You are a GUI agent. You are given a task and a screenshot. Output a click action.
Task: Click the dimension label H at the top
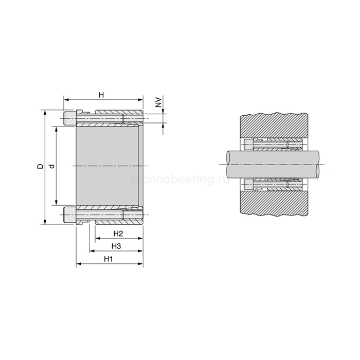pos(101,95)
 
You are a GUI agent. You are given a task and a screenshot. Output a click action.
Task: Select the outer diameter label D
pos(40,166)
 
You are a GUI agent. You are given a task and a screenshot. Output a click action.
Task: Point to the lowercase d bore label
pos(52,166)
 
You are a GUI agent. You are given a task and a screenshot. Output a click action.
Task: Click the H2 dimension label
pos(118,233)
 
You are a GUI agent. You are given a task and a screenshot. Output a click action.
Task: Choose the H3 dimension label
pos(116,246)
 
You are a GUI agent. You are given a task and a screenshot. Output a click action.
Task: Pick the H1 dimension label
pos(109,259)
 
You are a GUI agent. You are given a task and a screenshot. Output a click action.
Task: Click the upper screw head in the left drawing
pos(70,118)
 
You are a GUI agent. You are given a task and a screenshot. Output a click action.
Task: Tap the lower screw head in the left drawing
pos(70,214)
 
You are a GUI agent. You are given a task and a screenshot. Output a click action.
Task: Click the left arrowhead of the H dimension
pos(66,100)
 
